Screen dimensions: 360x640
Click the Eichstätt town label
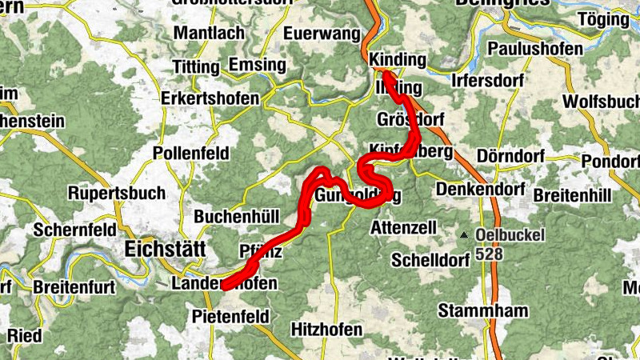(x=166, y=250)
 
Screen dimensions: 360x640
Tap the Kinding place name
(x=397, y=60)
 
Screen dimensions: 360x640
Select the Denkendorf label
(x=481, y=190)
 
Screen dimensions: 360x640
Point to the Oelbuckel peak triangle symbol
(x=464, y=235)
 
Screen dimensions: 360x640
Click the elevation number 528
(x=489, y=254)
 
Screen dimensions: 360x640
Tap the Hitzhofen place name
(x=327, y=329)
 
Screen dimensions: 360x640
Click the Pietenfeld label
(x=230, y=317)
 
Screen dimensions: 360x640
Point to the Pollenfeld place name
(x=191, y=153)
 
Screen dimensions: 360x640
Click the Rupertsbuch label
(x=117, y=194)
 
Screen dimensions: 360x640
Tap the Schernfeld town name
(x=74, y=230)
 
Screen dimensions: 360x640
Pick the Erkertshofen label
(x=210, y=98)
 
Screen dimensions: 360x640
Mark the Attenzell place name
(x=404, y=228)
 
